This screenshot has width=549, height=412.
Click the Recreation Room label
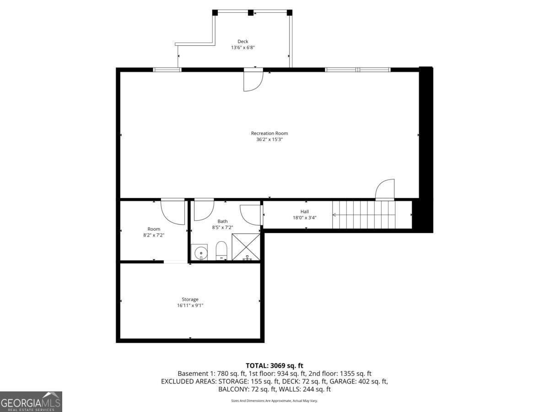click(x=269, y=133)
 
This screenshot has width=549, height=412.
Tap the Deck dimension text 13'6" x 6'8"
click(x=242, y=47)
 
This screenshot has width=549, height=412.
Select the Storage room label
click(x=190, y=299)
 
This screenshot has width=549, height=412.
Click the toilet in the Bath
click(x=221, y=250)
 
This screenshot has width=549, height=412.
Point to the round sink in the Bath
click(x=199, y=252)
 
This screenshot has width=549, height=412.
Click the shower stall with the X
click(x=246, y=247)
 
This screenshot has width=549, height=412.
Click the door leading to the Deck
click(x=253, y=81)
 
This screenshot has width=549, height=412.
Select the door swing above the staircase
click(x=385, y=190)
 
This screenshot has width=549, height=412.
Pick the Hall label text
click(x=304, y=211)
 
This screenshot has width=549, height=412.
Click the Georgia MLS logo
click(x=31, y=401)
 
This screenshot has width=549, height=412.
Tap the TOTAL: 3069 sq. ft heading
click(x=274, y=365)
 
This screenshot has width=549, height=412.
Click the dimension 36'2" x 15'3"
click(x=269, y=140)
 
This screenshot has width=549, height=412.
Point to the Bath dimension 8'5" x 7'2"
click(x=222, y=227)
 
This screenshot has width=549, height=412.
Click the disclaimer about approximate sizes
click(x=274, y=401)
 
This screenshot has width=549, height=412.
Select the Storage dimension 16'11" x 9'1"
click(x=190, y=305)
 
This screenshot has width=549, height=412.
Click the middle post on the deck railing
click(x=250, y=13)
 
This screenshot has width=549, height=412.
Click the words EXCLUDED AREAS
click(x=188, y=381)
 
